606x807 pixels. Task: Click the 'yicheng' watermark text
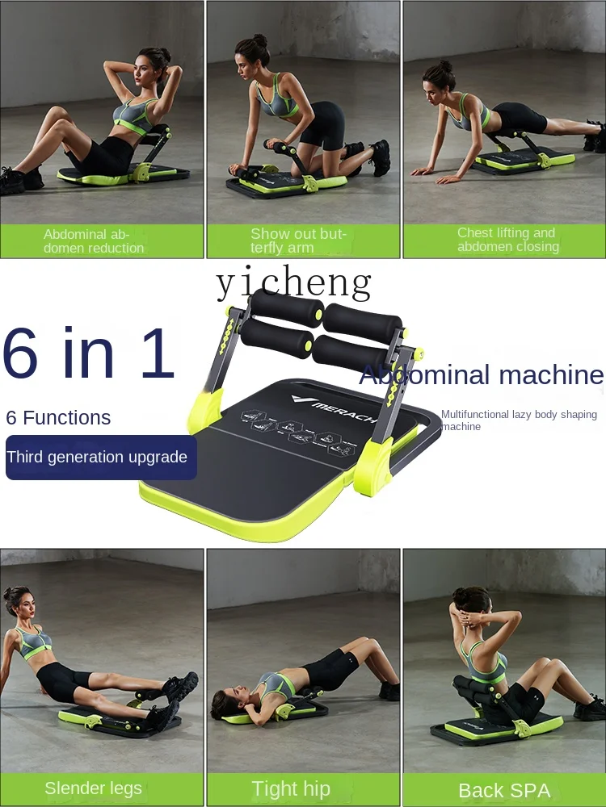coord(294,283)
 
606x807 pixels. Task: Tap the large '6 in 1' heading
coord(89,353)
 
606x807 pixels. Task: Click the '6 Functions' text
coord(58,417)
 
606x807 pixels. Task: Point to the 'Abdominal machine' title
coord(482,374)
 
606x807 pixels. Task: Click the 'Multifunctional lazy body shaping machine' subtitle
coord(519,420)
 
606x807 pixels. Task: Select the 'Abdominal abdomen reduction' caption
coord(94,240)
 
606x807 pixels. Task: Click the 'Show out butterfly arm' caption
coord(298,240)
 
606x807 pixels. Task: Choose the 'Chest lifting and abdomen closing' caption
coord(507,240)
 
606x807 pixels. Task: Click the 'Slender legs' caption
coord(94,788)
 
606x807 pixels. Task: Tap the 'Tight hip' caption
coord(291,788)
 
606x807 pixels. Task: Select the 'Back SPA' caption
coord(504,790)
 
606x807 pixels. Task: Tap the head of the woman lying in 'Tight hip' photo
coord(225,700)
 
